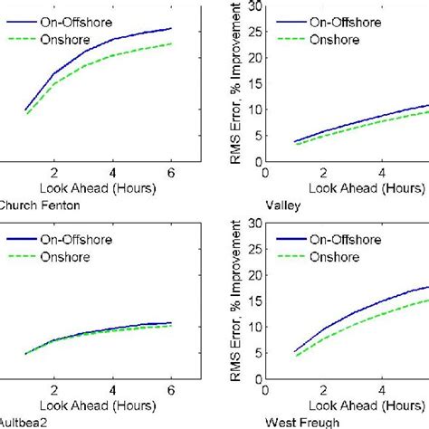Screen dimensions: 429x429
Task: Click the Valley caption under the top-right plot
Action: coord(285,205)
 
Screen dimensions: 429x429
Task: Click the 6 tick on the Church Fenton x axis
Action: coord(171,174)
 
